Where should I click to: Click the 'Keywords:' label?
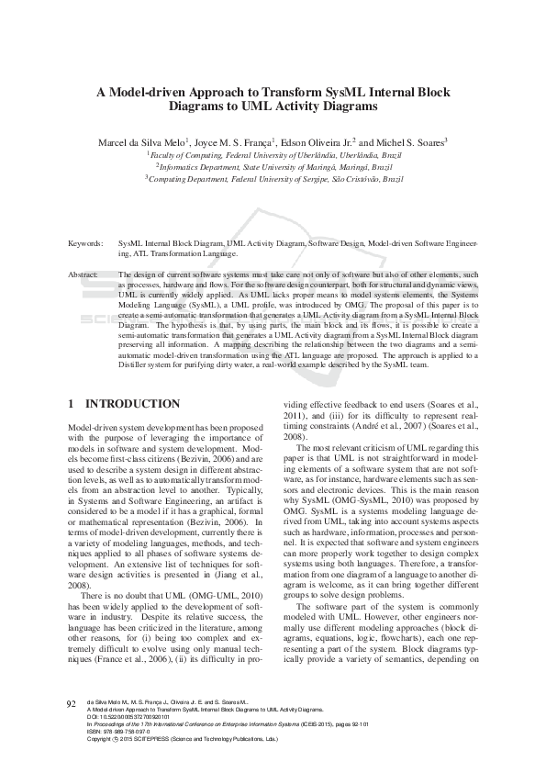point(85,243)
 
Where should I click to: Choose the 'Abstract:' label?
point(84,274)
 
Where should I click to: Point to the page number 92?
point(72,730)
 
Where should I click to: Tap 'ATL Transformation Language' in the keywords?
point(172,252)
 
